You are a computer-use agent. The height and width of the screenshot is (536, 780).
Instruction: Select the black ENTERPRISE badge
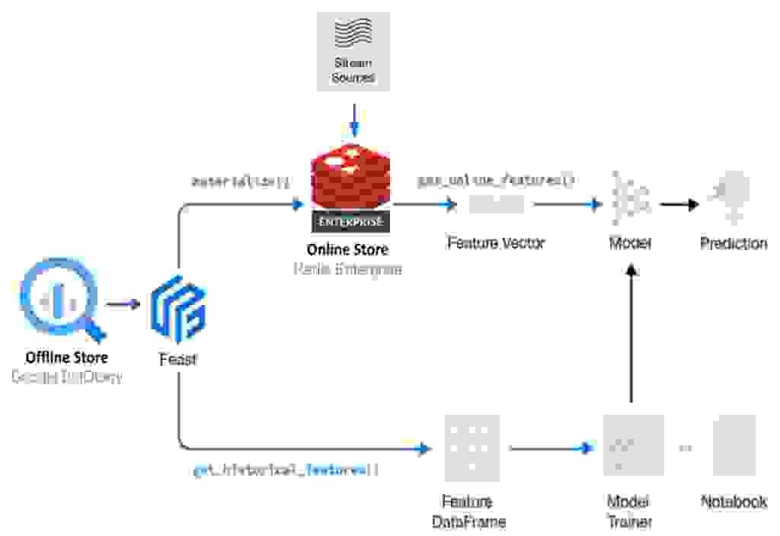(x=350, y=222)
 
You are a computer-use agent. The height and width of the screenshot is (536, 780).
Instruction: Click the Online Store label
(x=347, y=249)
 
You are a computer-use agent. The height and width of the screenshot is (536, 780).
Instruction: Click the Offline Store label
(x=66, y=357)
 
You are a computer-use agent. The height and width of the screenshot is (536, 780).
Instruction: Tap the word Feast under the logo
(x=177, y=358)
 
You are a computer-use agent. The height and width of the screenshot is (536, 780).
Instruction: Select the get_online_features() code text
(x=495, y=181)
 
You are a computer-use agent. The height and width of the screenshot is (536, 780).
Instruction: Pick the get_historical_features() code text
(x=286, y=470)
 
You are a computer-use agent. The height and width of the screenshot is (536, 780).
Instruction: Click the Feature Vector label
(x=496, y=243)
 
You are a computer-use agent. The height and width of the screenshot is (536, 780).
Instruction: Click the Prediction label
(x=734, y=243)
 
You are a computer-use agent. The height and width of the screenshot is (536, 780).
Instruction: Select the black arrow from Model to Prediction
(x=679, y=204)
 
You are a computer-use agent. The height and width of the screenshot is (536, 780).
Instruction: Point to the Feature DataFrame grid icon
(x=472, y=448)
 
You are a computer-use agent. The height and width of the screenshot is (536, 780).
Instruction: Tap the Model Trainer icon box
(x=633, y=446)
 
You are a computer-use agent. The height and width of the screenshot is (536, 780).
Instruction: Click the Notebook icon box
(x=734, y=446)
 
